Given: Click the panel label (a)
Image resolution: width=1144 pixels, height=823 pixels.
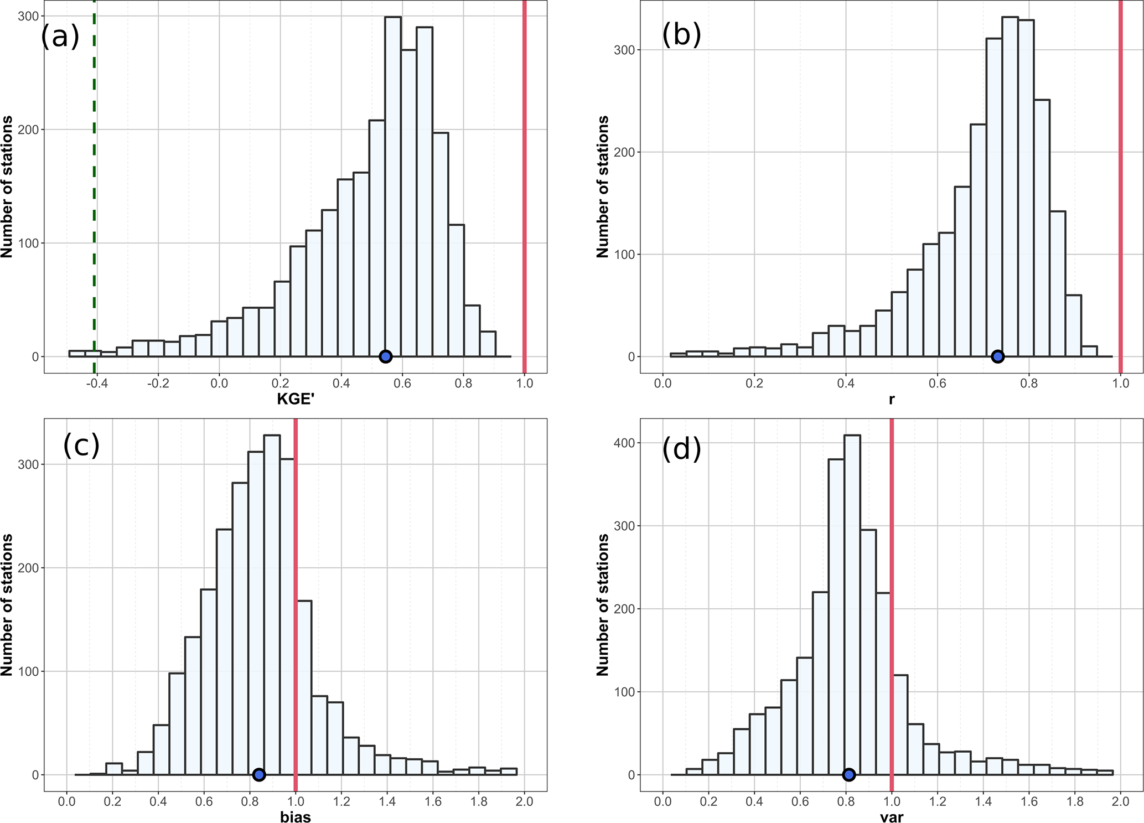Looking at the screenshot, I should click(60, 37).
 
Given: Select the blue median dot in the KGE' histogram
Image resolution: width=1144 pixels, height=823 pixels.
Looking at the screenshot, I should click(386, 356).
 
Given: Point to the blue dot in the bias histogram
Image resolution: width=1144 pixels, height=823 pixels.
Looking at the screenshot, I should click(258, 775).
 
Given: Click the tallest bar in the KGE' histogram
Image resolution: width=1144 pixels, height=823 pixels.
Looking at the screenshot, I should click(393, 188).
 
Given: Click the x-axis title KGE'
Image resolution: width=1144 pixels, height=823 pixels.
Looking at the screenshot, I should click(296, 399).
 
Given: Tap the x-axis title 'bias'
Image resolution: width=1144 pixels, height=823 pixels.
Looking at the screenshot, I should click(296, 817).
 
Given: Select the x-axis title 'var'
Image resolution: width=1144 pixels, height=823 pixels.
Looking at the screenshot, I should click(892, 817).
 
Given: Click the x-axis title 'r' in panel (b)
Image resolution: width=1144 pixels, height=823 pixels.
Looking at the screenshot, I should click(892, 399).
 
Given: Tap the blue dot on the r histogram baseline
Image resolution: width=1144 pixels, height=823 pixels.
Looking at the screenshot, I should click(997, 356).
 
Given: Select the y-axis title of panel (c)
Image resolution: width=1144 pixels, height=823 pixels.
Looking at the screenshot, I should click(7, 604).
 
